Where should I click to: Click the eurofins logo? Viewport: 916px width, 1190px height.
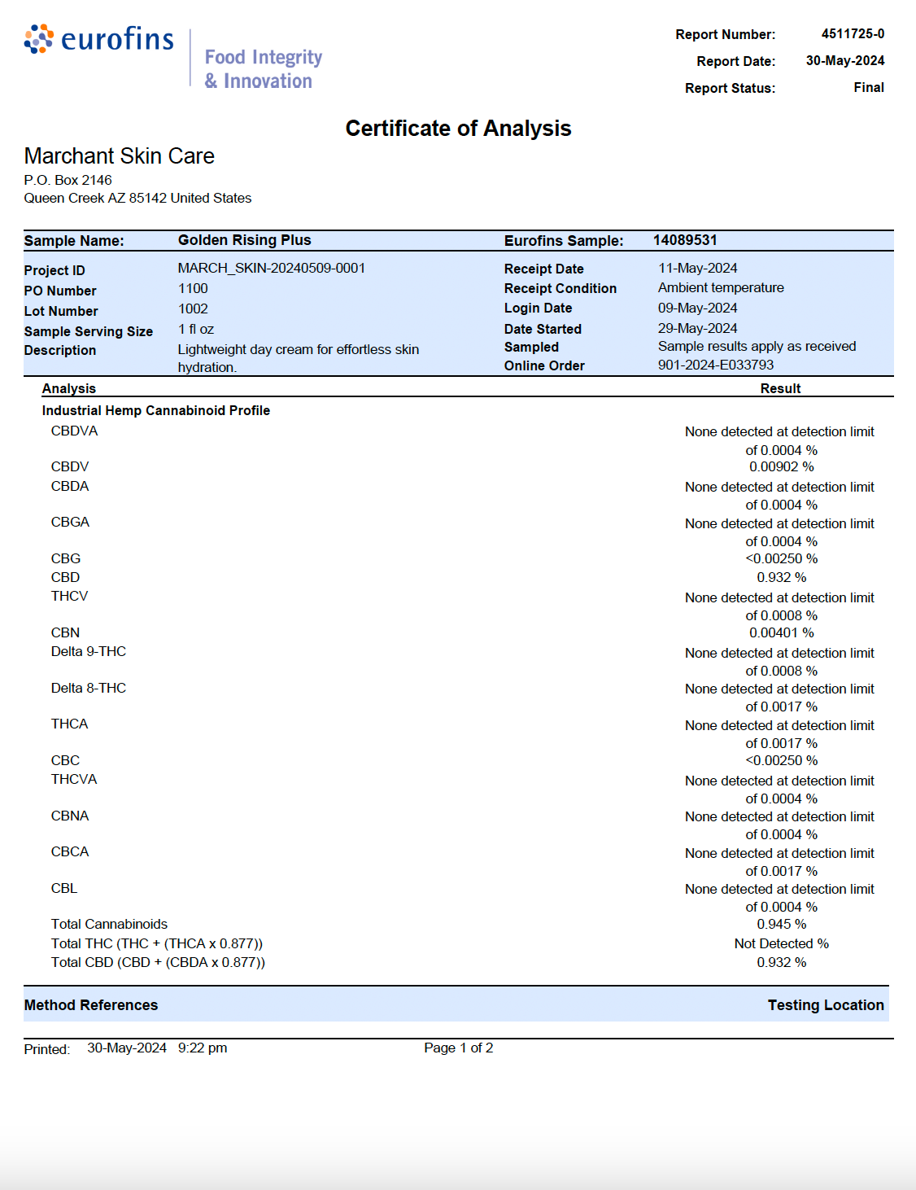(x=99, y=39)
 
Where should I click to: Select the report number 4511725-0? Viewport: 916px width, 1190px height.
(x=853, y=33)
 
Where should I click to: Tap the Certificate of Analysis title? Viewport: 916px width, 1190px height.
(x=458, y=129)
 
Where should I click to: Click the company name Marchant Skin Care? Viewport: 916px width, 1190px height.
(x=120, y=155)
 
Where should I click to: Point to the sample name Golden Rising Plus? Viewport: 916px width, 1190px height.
(x=244, y=240)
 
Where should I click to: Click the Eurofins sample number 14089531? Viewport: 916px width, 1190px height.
(x=685, y=240)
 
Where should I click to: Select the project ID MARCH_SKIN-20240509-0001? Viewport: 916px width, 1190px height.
(x=271, y=268)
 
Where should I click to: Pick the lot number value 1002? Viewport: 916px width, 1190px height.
(x=193, y=308)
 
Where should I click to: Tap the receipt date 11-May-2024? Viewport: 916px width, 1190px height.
(x=697, y=268)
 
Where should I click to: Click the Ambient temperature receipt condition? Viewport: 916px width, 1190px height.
(x=721, y=287)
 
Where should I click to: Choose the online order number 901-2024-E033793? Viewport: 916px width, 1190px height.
(x=716, y=365)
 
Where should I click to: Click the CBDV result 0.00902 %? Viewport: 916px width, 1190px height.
(x=781, y=466)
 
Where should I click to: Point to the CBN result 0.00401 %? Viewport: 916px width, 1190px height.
(x=781, y=632)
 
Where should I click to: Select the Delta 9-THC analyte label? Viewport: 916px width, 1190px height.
(x=89, y=651)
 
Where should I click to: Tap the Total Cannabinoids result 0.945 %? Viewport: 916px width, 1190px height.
(x=781, y=924)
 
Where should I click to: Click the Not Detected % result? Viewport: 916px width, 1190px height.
(x=781, y=943)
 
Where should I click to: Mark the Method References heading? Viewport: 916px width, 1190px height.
(x=91, y=1005)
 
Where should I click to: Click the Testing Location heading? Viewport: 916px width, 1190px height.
(x=825, y=1005)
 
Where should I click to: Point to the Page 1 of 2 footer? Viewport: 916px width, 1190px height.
(x=458, y=1048)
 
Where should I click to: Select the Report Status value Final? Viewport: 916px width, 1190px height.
(x=868, y=87)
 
